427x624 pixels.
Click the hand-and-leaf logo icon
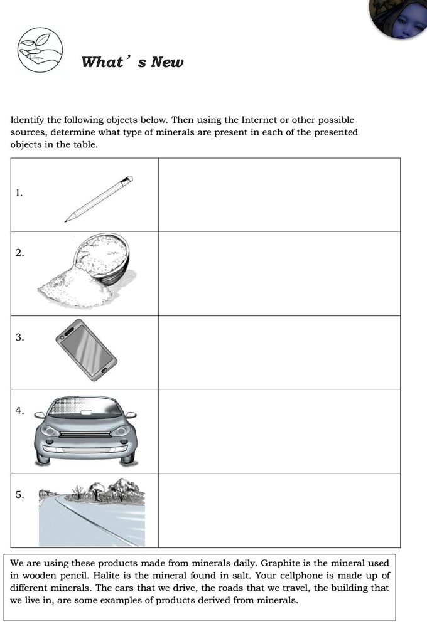(x=40, y=50)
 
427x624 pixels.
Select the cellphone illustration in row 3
(x=86, y=349)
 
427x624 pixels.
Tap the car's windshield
(x=85, y=408)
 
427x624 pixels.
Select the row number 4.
(x=19, y=411)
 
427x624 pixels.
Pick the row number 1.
(x=19, y=193)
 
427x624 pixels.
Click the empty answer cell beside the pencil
(x=279, y=194)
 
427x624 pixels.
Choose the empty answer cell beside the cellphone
(x=279, y=352)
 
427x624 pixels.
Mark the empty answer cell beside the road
(x=279, y=510)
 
